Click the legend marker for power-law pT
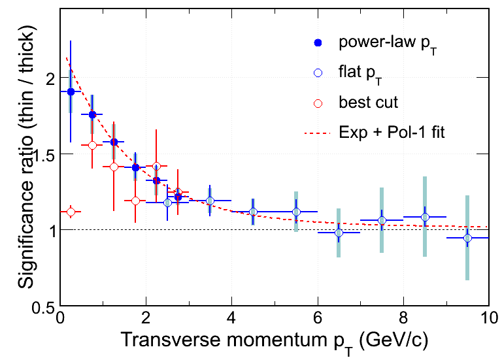click(318, 43)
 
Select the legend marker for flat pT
click(318, 73)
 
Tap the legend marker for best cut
click(318, 103)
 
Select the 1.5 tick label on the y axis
click(41, 154)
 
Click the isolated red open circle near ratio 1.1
click(71, 212)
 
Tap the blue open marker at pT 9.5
click(467, 238)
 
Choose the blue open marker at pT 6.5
click(339, 233)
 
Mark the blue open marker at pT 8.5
click(425, 217)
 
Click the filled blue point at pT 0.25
click(71, 91)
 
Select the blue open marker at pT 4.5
click(253, 212)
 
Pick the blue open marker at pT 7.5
click(382, 221)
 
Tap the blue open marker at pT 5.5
click(296, 212)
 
